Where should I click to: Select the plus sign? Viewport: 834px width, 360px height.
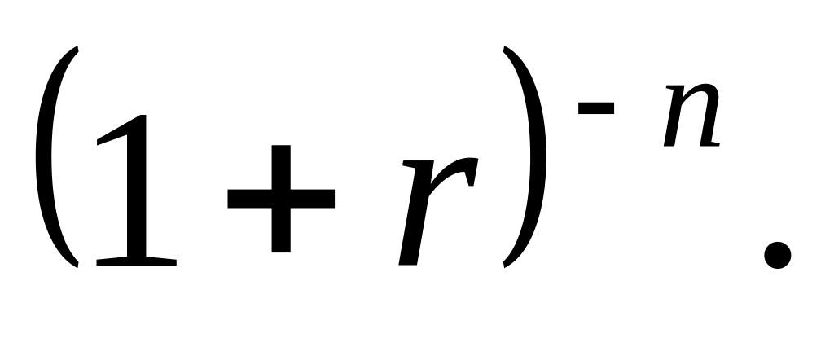click(281, 199)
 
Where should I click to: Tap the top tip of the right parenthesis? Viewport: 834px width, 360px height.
click(506, 51)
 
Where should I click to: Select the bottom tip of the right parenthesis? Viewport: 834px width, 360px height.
click(506, 266)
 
